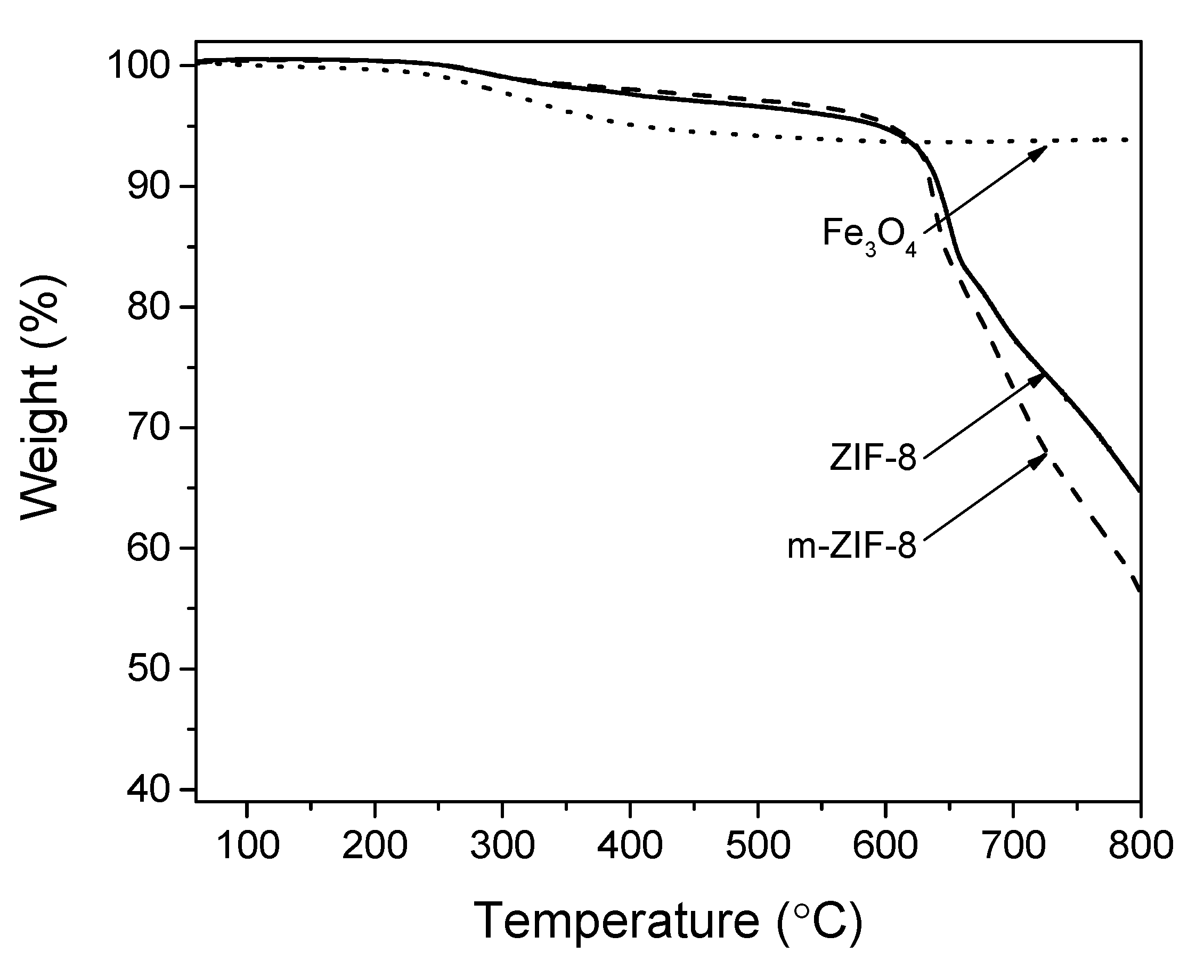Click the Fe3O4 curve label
[x=869, y=236]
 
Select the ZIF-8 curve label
[x=873, y=458]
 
